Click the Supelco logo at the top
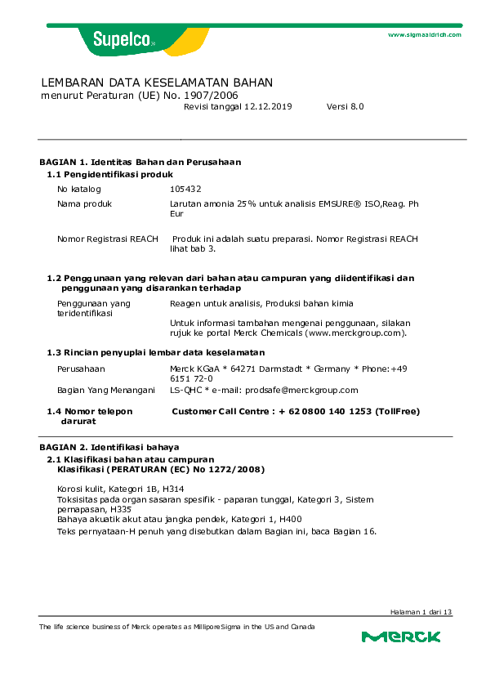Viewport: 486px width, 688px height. point(118,38)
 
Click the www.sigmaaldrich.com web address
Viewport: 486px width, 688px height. point(424,35)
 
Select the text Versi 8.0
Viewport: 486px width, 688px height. point(345,107)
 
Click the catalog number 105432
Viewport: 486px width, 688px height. point(185,189)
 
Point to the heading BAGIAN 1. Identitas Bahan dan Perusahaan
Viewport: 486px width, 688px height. point(140,162)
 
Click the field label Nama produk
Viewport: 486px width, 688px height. point(84,203)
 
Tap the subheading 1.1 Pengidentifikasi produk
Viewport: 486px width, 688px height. point(109,175)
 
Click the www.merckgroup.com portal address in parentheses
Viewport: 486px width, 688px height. point(355,333)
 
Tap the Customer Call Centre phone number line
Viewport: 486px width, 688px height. point(296,412)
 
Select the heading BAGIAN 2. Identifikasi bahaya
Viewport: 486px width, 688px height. point(109,448)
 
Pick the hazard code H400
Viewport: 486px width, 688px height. point(290,519)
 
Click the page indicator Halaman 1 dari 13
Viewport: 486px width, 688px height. point(420,612)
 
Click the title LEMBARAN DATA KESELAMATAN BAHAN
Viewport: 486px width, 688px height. point(157,83)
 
